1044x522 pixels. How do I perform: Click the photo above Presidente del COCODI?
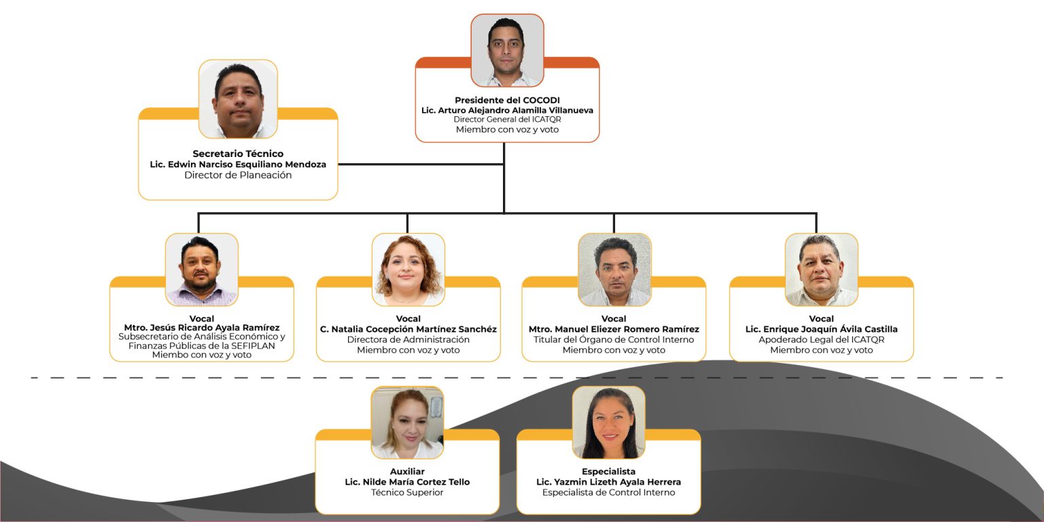(x=507, y=50)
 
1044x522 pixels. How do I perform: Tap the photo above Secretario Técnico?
(x=238, y=99)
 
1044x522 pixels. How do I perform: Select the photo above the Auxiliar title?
(x=407, y=422)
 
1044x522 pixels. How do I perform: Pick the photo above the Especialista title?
(x=608, y=422)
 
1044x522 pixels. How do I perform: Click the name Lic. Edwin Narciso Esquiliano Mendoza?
(x=238, y=164)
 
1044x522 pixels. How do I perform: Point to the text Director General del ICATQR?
(x=507, y=120)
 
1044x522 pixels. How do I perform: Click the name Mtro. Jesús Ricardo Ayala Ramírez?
(x=202, y=329)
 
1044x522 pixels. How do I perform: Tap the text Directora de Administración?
(x=408, y=339)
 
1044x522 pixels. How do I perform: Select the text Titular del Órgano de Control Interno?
(x=614, y=339)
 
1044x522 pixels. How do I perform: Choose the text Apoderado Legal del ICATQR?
(x=821, y=339)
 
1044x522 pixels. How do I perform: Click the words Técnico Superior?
(x=407, y=492)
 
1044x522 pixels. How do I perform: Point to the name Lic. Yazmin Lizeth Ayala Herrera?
(x=608, y=482)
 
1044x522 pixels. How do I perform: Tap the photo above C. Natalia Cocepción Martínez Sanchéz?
(x=408, y=269)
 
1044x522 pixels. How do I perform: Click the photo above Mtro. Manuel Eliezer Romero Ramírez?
(x=614, y=269)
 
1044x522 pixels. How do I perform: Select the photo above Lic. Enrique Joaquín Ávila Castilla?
(x=821, y=269)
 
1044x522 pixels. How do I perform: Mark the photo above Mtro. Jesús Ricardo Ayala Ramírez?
(x=202, y=269)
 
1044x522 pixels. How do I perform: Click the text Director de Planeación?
(x=238, y=175)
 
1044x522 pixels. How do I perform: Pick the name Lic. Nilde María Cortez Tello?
(x=407, y=482)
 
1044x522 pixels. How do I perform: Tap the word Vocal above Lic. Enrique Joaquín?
(x=821, y=319)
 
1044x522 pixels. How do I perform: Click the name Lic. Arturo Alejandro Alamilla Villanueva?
(x=507, y=110)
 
